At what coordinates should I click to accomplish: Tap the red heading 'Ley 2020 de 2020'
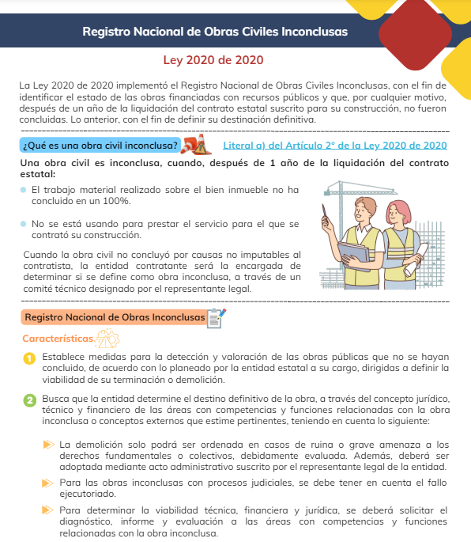point(213,60)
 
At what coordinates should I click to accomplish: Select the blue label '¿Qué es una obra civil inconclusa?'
point(100,146)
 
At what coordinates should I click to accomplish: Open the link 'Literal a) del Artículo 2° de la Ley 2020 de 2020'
point(335,146)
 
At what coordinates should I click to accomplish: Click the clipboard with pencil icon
point(215,317)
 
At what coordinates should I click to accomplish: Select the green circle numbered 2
point(29,401)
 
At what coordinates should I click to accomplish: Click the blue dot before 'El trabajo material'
point(25,191)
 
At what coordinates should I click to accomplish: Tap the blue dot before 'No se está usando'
point(25,224)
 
